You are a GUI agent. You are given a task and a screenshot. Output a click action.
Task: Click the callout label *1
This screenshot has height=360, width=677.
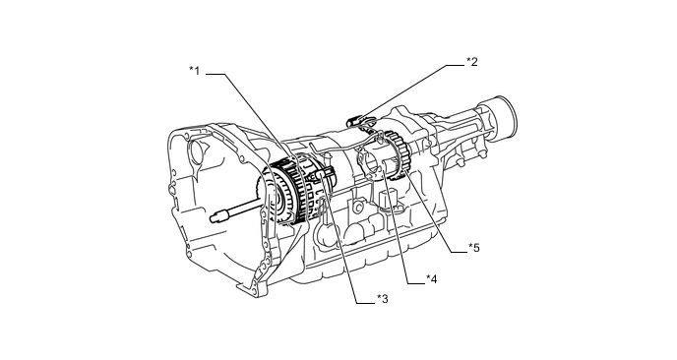tap(195, 71)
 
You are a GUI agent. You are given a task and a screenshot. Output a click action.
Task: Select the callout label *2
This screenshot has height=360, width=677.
tap(472, 62)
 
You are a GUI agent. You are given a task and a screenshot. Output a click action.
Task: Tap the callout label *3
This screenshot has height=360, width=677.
tap(383, 298)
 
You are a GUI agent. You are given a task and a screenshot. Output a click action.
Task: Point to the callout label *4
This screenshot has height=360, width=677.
tap(431, 279)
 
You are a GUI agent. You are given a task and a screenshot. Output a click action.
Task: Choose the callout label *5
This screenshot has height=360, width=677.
tap(474, 248)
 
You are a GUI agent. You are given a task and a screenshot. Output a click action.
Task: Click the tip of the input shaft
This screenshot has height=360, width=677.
tap(213, 218)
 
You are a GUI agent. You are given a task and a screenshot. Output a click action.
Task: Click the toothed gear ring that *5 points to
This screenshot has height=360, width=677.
tap(400, 155)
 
